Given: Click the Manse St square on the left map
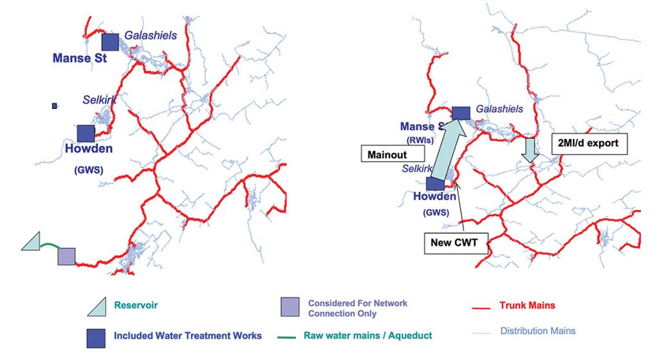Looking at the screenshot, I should point(110,42).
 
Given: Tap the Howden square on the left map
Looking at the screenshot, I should point(86,133).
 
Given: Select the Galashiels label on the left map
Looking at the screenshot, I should point(151,36).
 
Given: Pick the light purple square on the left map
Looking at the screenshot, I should point(66,256).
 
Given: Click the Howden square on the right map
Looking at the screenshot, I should point(435,184).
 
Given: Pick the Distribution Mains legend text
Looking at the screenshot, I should point(538,331).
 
